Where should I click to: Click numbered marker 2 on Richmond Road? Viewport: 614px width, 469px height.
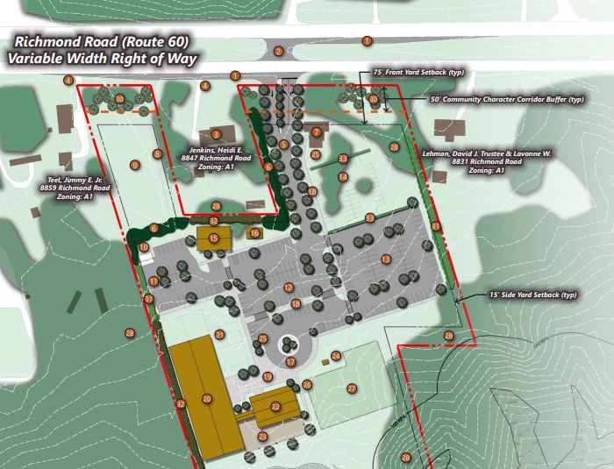[278, 51]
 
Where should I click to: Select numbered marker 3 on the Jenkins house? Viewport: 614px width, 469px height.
[215, 134]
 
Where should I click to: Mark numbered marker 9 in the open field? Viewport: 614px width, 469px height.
[134, 164]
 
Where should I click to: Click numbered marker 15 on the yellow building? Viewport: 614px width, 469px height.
[213, 238]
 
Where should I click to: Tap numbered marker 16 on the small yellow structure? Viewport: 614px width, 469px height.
[254, 233]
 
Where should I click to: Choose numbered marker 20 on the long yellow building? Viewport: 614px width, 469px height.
[207, 399]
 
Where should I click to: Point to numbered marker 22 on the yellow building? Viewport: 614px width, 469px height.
[275, 406]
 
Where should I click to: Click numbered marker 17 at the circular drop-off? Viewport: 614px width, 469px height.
[290, 361]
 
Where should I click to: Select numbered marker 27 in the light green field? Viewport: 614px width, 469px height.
[352, 388]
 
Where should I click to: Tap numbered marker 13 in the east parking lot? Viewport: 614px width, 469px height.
[385, 259]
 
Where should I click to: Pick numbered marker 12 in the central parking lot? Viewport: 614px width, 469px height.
[288, 288]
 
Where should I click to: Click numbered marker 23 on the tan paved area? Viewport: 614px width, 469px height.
[262, 437]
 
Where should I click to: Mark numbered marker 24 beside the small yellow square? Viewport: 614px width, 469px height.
[336, 356]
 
